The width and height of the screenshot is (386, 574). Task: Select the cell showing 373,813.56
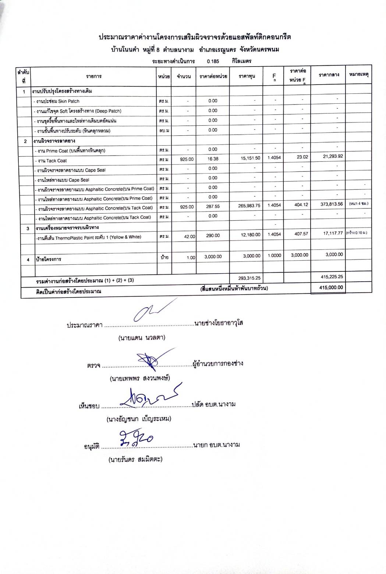coord(332,204)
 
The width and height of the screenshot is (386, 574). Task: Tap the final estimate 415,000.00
coord(331,288)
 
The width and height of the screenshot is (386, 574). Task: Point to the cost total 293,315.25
coord(247,278)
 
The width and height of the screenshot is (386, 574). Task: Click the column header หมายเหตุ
coord(359,75)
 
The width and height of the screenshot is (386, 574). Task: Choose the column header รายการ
coord(94,76)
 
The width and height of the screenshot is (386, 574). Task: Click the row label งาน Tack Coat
coord(52,161)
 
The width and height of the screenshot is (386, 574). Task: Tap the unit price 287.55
coord(213,207)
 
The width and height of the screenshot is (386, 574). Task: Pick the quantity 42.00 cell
coord(190,237)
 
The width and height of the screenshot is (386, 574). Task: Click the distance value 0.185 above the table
coord(213,61)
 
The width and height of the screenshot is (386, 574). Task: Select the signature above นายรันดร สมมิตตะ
coord(135,438)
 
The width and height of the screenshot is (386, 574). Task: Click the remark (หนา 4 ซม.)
coord(358,203)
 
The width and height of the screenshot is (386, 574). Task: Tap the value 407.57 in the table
coord(302,234)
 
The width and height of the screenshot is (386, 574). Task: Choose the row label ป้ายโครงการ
coord(48,259)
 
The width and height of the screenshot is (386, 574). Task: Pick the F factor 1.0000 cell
coord(274,256)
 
